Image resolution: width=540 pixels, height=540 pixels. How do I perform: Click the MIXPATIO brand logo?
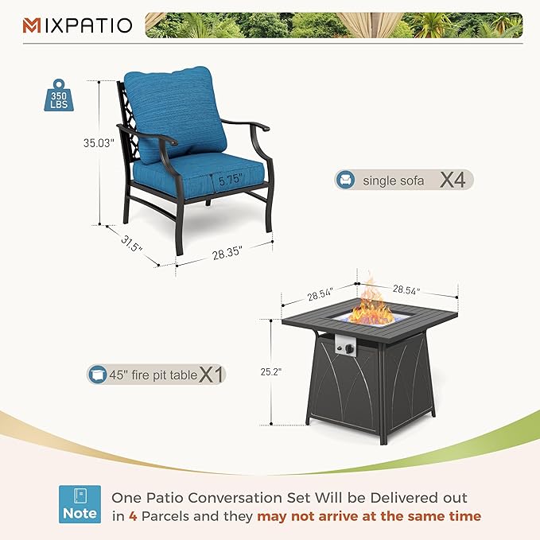click(x=77, y=25)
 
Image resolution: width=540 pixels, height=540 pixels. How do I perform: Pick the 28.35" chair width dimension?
click(x=227, y=254)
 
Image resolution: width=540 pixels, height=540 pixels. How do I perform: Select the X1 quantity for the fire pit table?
click(x=212, y=373)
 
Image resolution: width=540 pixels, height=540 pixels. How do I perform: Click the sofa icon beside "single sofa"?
click(x=346, y=180)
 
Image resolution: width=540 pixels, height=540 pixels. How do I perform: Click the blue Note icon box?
click(x=81, y=505)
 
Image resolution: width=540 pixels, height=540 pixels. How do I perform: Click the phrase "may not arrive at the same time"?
click(x=369, y=516)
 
